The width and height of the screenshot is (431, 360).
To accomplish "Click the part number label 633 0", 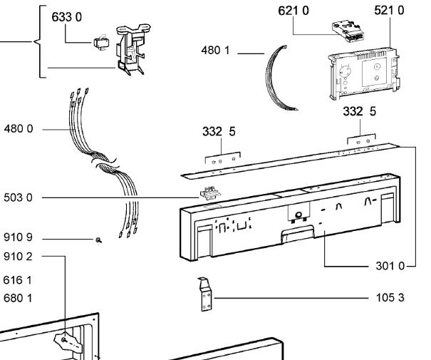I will point(68,17).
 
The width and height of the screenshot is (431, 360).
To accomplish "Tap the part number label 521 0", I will point(388,11).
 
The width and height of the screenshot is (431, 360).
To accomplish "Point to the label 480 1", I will point(217,51).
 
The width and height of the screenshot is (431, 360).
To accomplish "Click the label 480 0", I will point(19,130).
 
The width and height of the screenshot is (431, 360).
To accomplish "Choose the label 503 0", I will point(19,197).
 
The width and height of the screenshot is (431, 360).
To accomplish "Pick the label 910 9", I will point(19,239).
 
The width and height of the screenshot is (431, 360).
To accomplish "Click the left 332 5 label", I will point(220,132).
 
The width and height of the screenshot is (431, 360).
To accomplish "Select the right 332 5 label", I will point(359,112).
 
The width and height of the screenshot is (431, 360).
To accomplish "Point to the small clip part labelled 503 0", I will point(209,192).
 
